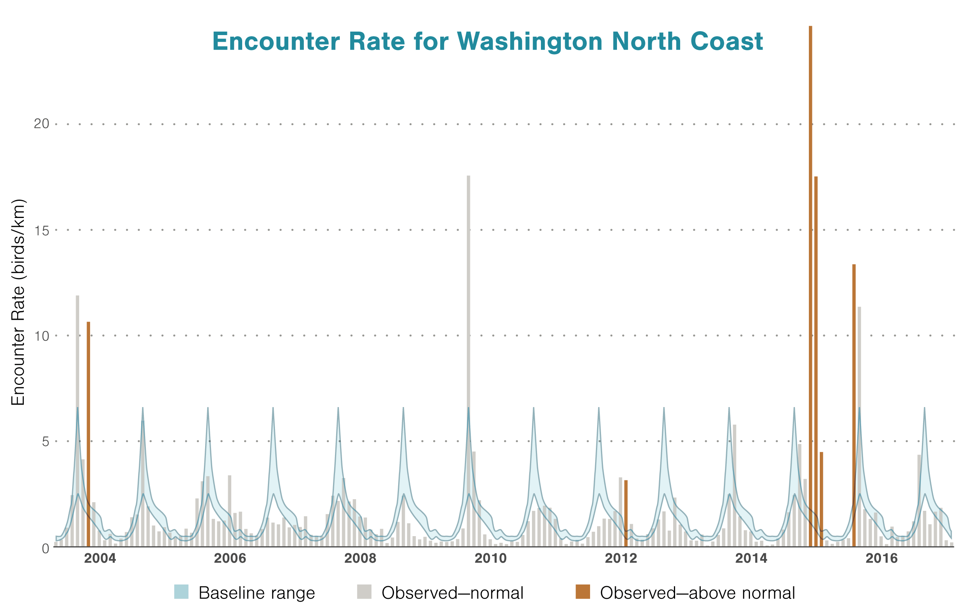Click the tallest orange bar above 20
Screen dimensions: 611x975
[810, 283]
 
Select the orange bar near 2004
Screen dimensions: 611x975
[88, 432]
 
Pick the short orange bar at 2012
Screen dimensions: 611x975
[626, 513]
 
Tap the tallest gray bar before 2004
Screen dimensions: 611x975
[77, 420]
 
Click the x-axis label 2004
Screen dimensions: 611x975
[100, 558]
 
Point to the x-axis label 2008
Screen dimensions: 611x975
[360, 558]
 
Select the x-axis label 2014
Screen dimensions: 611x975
[751, 558]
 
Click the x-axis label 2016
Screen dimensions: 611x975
[881, 558]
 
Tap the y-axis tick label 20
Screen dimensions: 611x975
[41, 124]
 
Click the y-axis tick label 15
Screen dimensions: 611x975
[41, 230]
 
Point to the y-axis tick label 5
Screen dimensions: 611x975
[45, 441]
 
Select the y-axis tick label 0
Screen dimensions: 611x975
[45, 549]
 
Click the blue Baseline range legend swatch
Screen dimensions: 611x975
[181, 592]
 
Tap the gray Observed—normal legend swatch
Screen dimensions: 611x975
[364, 592]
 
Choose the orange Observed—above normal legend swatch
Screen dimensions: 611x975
[583, 592]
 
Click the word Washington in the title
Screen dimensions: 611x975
[530, 42]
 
